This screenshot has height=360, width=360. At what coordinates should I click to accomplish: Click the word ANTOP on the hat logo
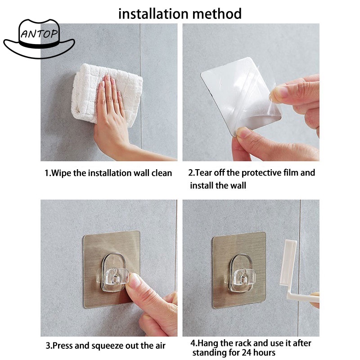coord(39,34)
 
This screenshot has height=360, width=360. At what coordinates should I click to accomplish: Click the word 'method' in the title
coord(217,13)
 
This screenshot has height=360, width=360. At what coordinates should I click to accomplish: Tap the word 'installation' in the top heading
coord(154,13)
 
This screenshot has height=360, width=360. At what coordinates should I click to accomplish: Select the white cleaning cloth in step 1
coord(107,94)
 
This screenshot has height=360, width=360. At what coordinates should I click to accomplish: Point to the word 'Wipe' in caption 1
coord(61,173)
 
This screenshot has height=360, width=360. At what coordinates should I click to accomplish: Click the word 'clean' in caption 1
coord(162,173)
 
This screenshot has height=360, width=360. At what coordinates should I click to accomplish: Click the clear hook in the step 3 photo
coord(115,272)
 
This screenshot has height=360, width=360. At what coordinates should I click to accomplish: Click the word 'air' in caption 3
coord(160,346)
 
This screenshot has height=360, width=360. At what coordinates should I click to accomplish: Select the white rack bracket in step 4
coord(296,273)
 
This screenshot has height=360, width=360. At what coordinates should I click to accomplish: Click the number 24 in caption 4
coord(241,352)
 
